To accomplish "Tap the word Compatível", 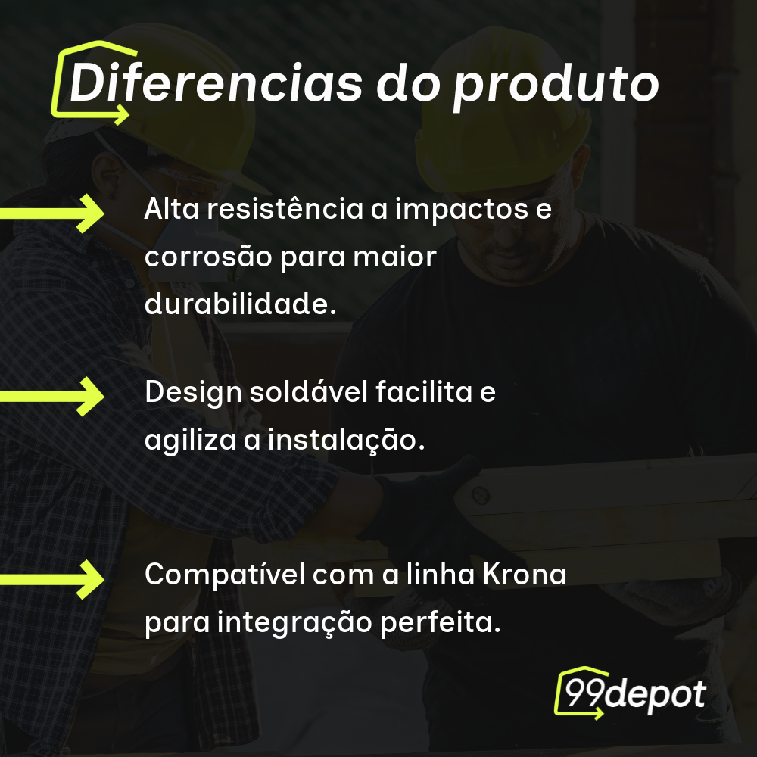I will click(x=223, y=575).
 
